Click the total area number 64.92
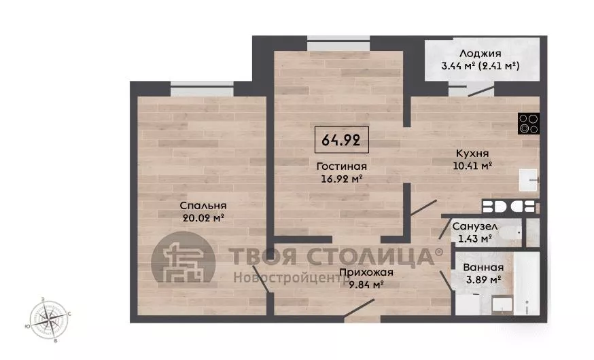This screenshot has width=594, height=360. click(x=341, y=140)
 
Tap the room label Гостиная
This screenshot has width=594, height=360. click(x=342, y=166)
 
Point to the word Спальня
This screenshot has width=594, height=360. click(x=203, y=206)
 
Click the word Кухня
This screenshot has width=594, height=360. click(x=472, y=154)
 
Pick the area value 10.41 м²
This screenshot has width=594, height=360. click(x=472, y=166)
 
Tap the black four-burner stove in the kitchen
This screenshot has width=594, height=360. click(x=529, y=124)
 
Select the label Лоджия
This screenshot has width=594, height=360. click(x=480, y=54)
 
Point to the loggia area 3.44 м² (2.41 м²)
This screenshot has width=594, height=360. click(x=481, y=66)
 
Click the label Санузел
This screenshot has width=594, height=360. click(x=474, y=226)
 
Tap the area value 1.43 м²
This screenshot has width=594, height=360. click(x=475, y=238)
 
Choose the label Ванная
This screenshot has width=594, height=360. click(x=483, y=267)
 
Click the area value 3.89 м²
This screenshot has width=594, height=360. click(x=484, y=280)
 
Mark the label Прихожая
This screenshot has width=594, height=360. click(x=366, y=272)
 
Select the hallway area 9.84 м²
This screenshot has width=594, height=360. click(x=366, y=285)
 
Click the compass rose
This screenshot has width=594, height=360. click(x=48, y=320)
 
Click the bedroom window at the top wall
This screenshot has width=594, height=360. click(x=202, y=88)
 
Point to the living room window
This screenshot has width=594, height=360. click(x=338, y=43)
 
